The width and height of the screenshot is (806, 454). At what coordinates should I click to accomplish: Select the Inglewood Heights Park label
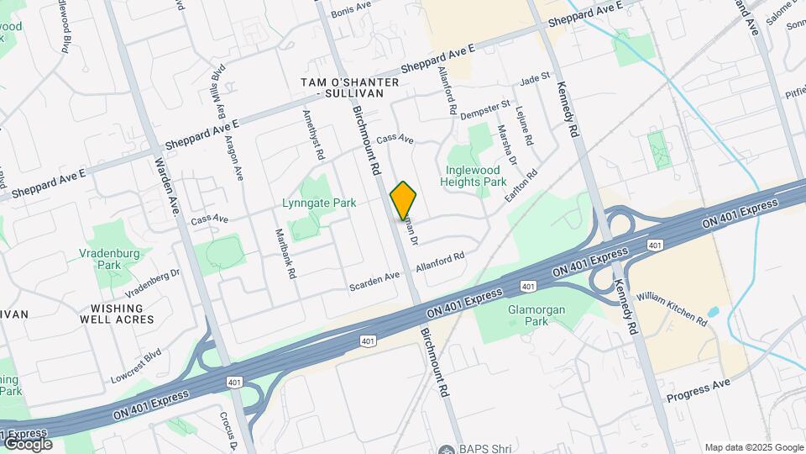pyautogui.click(x=475, y=175)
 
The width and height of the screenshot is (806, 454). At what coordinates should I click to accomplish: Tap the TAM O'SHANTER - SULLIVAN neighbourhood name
pyautogui.click(x=343, y=87)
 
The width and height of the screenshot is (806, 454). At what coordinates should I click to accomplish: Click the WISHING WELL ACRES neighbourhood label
pyautogui.click(x=117, y=313)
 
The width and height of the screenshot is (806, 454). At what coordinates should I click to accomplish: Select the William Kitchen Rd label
pyautogui.click(x=671, y=309)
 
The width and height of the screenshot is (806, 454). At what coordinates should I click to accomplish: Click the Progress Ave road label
pyautogui.click(x=699, y=390)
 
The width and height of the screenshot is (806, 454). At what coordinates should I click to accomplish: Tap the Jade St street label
pyautogui.click(x=534, y=79)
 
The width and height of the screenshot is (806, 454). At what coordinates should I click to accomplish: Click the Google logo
pyautogui.click(x=28, y=444)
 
